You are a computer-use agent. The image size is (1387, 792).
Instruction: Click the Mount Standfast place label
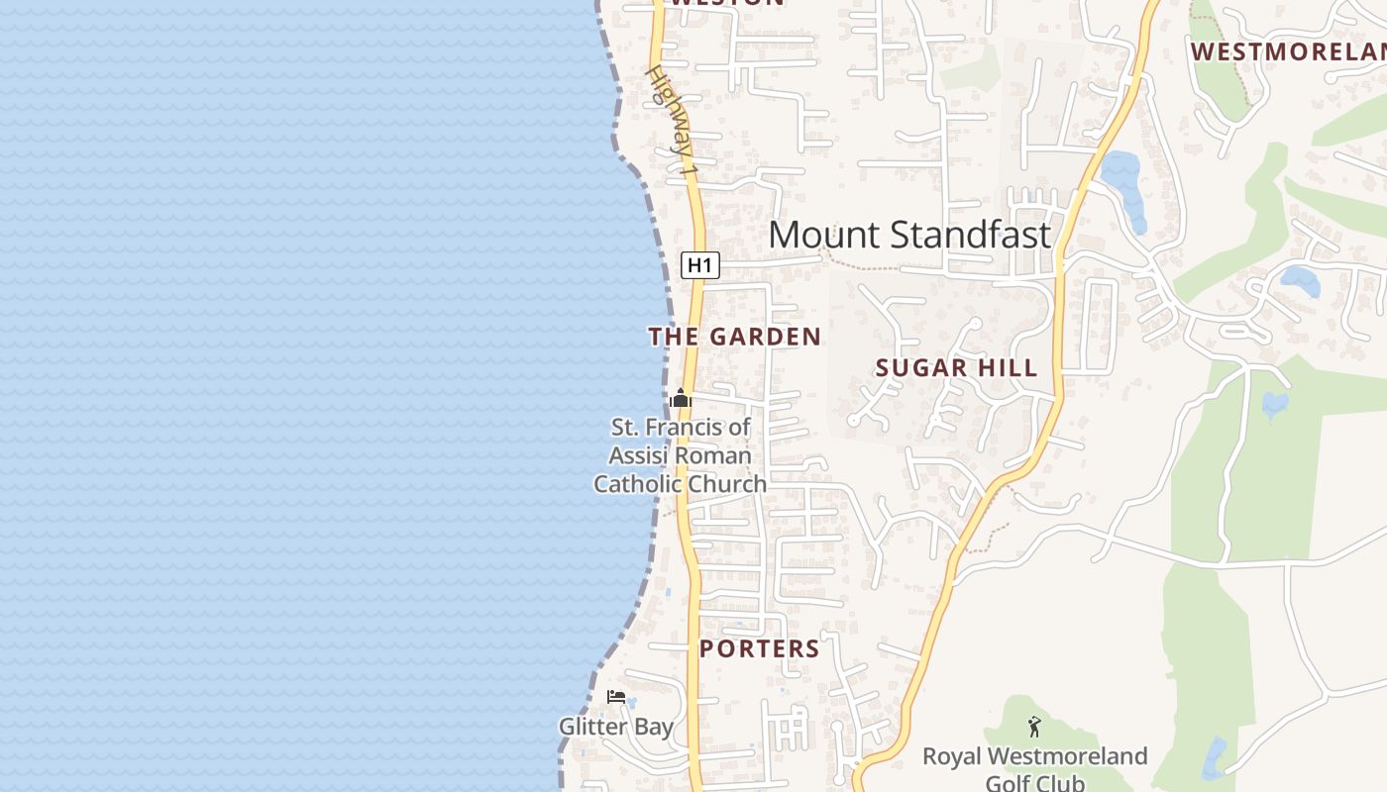(x=908, y=236)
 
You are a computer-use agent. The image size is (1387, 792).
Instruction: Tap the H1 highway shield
(x=699, y=265)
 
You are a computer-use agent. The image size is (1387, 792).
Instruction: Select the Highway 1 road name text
(x=673, y=123)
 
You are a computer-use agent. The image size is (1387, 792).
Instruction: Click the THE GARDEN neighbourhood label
(x=734, y=337)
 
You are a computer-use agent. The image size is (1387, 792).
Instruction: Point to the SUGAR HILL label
(x=956, y=368)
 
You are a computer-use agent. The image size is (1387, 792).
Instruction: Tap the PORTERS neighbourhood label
(x=759, y=649)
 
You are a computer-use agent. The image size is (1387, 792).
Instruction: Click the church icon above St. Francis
(x=680, y=400)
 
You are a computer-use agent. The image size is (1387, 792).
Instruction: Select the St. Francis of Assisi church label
(x=680, y=455)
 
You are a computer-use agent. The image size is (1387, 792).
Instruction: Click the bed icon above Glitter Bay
(x=616, y=697)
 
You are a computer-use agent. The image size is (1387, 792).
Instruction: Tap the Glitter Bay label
(x=615, y=727)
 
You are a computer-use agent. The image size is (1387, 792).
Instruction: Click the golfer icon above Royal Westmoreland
(x=1034, y=727)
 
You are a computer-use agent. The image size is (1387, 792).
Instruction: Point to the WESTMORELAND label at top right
(x=1288, y=51)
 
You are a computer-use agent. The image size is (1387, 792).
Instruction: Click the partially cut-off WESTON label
(x=727, y=3)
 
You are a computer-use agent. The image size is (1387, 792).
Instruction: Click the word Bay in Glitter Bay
(x=653, y=727)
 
